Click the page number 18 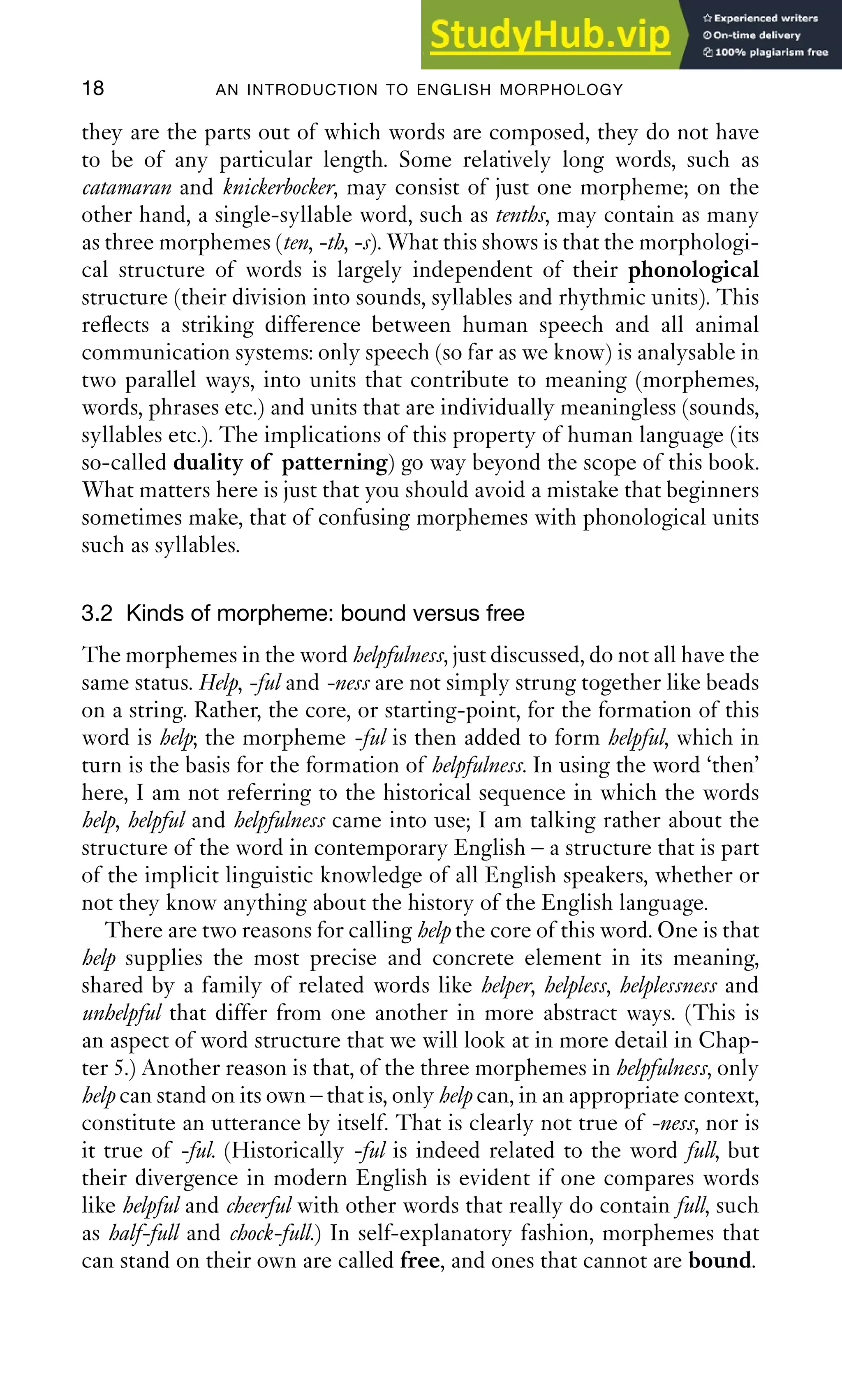[93, 88]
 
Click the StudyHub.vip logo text [549, 35]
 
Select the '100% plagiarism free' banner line [766, 52]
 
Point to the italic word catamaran [127, 187]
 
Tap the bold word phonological [693, 270]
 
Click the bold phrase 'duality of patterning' [280, 463]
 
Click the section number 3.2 [97, 613]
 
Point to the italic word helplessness [669, 985]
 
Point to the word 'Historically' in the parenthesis [287, 1151]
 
